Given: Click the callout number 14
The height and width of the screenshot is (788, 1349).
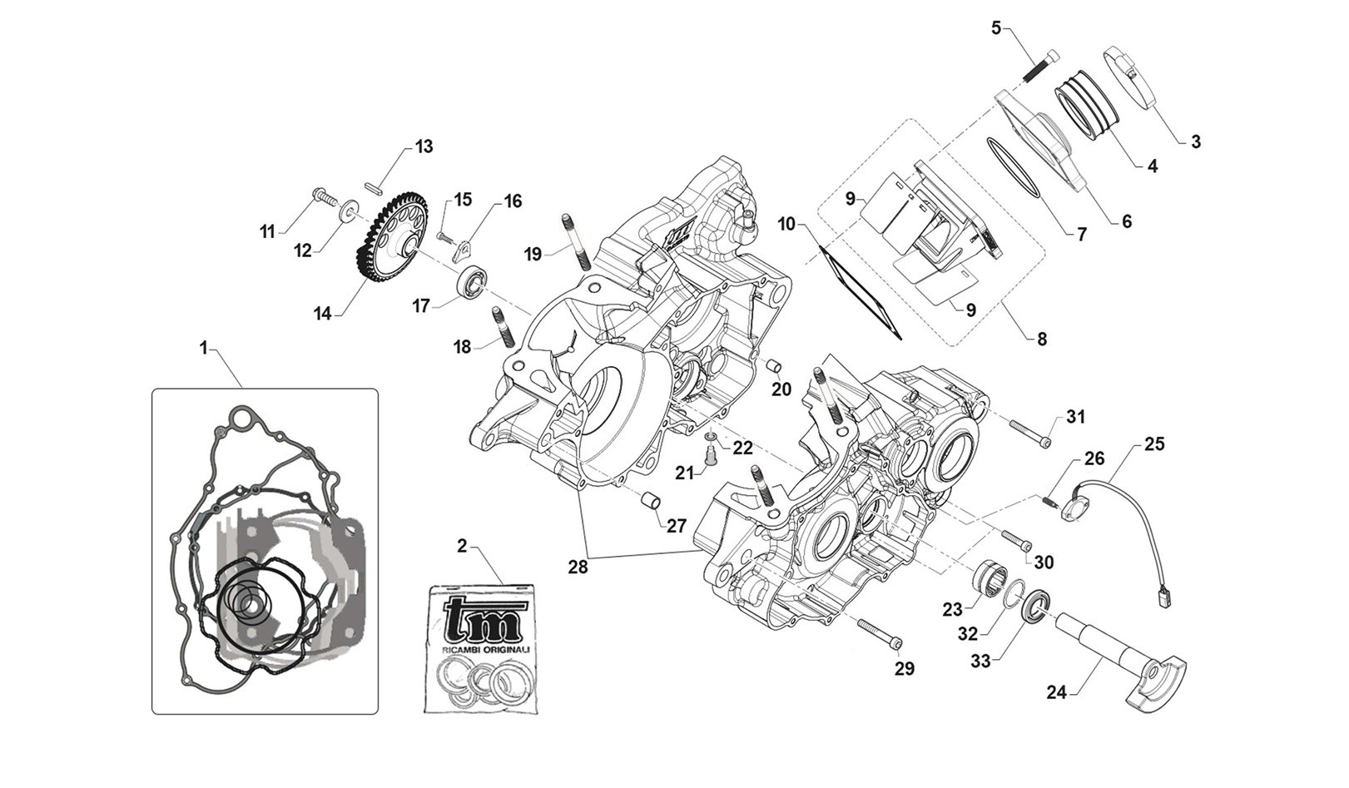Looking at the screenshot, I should pos(322,314).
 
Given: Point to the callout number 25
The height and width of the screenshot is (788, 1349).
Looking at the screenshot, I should pos(1154,444).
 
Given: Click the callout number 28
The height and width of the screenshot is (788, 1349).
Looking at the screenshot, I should pos(578,567).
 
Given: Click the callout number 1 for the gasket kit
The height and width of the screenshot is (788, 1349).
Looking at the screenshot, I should pos(203,348).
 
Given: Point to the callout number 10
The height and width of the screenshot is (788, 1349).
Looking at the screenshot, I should pos(786,224).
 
